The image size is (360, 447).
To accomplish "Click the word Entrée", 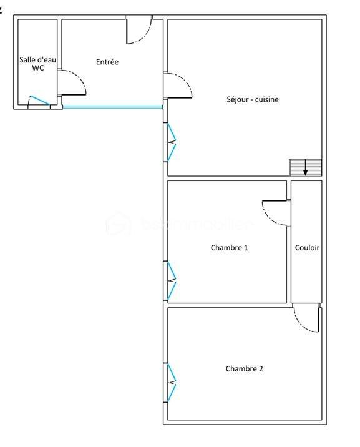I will [107, 62].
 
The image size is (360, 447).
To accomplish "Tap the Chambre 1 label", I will [229, 248].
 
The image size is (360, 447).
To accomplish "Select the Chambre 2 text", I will [244, 369].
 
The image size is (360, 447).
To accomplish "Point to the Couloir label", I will [307, 248].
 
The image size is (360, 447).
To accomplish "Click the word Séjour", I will [239, 99].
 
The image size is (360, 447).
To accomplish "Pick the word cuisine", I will [267, 99].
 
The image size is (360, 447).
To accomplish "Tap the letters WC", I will [37, 68].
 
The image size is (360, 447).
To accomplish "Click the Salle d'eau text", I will [37, 59].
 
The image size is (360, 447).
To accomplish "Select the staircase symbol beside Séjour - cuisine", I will [306, 167].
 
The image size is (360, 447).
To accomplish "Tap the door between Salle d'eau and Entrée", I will [71, 82].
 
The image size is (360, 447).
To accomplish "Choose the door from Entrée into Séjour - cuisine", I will [177, 86].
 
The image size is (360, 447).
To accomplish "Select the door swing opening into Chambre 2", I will [307, 320].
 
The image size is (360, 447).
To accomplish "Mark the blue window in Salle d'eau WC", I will [39, 101].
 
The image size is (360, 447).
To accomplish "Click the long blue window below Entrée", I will [112, 107].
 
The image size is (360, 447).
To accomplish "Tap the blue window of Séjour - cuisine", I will [170, 143].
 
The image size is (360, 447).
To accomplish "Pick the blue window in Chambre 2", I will [170, 382].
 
